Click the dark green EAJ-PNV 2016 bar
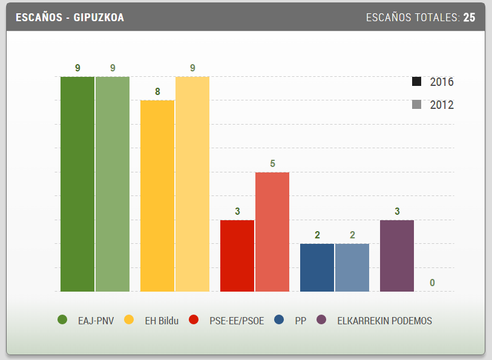tap(77, 184)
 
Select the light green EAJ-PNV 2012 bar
tap(113, 184)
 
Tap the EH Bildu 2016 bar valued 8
tap(157, 195)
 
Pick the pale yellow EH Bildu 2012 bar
tap(192, 184)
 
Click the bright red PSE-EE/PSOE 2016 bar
tap(237, 255)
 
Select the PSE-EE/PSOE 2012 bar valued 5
tap(272, 232)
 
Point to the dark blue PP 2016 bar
tap(317, 267)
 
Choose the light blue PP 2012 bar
tap(352, 267)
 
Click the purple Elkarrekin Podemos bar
tap(397, 255)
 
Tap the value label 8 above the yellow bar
tap(157, 92)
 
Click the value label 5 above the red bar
tap(272, 163)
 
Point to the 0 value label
tap(432, 283)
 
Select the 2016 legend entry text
tap(442, 82)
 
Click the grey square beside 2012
tap(416, 105)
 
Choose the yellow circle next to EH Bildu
tap(128, 320)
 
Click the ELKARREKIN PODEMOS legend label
tap(384, 321)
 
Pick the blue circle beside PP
tap(278, 320)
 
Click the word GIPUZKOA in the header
tap(99, 18)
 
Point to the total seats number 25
tap(470, 18)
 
